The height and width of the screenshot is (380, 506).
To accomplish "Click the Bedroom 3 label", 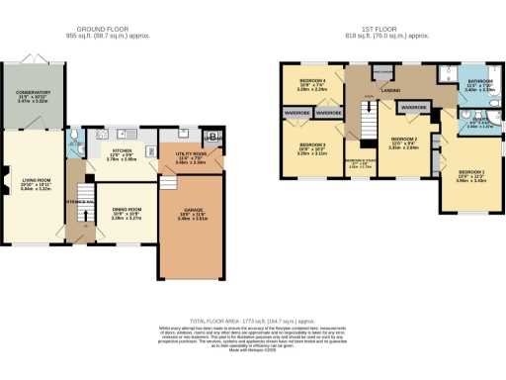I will tap(311, 148).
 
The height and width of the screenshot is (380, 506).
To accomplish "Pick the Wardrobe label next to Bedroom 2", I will tap(414, 107).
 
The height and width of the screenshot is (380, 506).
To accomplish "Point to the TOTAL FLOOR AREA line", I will tap(252, 322).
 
